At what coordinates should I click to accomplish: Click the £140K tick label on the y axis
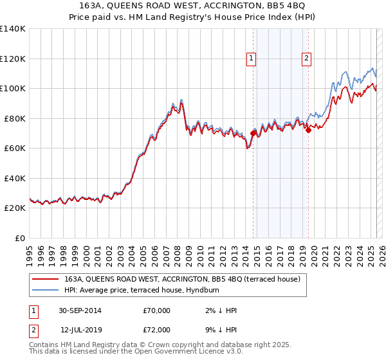pyautogui.click(x=13, y=29)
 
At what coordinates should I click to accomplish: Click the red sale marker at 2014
pyautogui.click(x=253, y=133)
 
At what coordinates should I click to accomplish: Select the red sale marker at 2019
pyautogui.click(x=308, y=130)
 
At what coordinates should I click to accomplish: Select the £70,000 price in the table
pyautogui.click(x=157, y=311)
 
